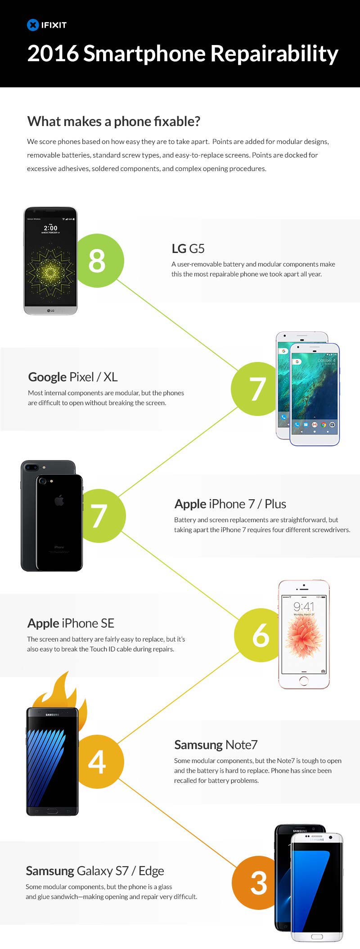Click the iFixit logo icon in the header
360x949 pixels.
33,25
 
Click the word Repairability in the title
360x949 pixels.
274,54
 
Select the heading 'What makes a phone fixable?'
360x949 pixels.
114,121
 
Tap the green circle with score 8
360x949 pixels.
97,260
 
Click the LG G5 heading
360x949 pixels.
188,249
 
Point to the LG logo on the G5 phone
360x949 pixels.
50,310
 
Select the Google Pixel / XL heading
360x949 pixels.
73,377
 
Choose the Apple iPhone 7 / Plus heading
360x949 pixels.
230,504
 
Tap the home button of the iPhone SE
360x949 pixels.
304,680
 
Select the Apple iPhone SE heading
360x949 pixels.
71,623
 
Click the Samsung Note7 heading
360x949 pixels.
216,745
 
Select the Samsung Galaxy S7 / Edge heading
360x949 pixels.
95,871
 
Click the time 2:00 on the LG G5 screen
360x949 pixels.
50,228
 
